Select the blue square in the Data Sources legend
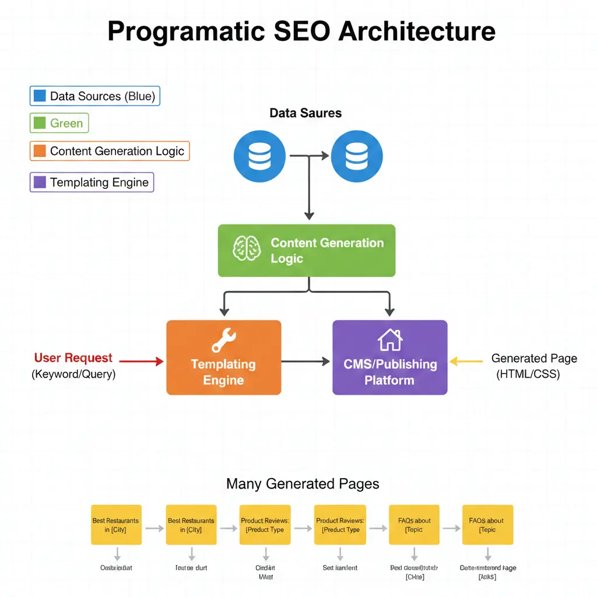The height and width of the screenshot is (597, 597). coord(40,96)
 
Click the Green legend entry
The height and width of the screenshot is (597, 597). coord(59,123)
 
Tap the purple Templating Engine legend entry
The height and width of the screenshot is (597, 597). coord(92,182)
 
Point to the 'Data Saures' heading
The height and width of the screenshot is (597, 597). coord(305,113)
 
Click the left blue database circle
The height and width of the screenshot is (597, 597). coord(259,157)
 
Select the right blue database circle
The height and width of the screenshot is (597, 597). coord(356,157)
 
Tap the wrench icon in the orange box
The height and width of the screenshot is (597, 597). coord(223,340)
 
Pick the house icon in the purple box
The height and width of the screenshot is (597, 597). coord(389,339)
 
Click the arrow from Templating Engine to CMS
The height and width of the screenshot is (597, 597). coord(306,361)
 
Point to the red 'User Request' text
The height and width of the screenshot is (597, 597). coord(73,358)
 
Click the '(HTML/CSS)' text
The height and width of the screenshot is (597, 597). coord(528,374)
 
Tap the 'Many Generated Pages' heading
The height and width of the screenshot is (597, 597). coord(303,484)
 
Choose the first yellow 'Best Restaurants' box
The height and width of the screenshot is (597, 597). coord(117,525)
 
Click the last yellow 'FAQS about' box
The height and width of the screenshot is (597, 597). coord(487,525)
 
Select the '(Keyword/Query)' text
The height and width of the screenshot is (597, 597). coord(73,374)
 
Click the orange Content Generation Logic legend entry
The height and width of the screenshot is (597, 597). coord(110,152)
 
